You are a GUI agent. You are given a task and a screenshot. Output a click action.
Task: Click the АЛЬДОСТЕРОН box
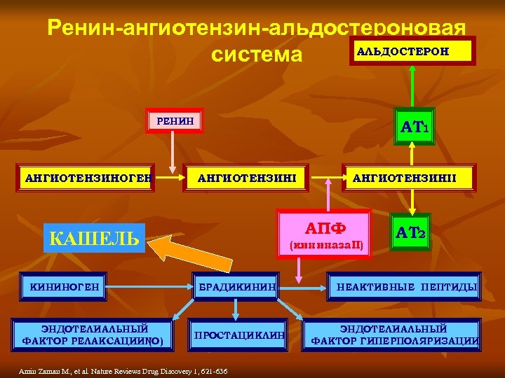pyautogui.click(x=413, y=51)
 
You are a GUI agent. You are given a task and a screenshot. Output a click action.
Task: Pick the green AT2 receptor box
pyautogui.click(x=411, y=232)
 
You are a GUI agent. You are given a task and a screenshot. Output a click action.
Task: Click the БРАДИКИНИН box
pyautogui.click(x=236, y=286)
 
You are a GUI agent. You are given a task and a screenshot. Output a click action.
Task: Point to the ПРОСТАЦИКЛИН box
pyautogui.click(x=239, y=335)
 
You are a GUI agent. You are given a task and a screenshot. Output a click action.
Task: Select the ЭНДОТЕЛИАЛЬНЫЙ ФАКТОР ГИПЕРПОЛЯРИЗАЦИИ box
pyautogui.click(x=394, y=334)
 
